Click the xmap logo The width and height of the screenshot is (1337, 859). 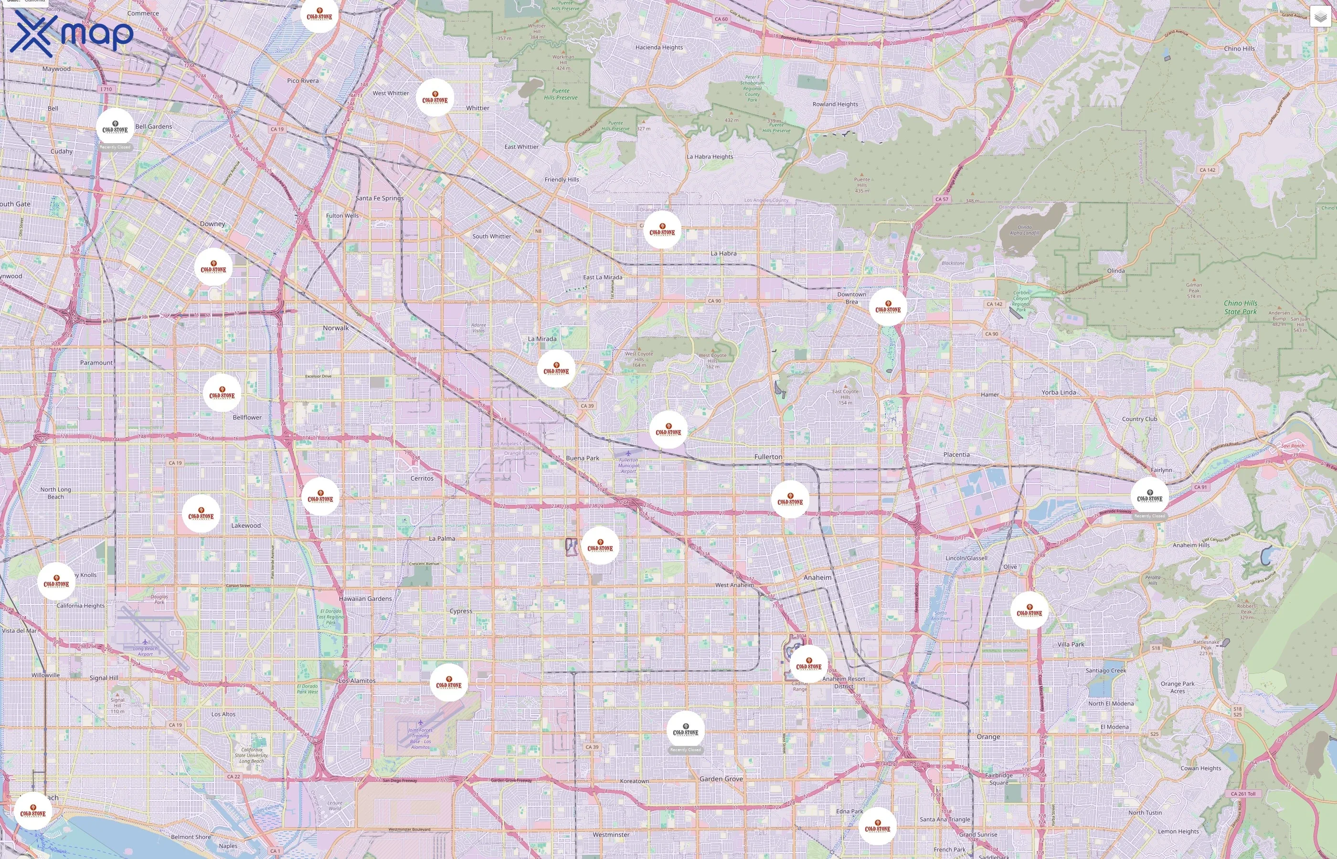[72, 33]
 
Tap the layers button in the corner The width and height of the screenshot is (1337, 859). [1320, 18]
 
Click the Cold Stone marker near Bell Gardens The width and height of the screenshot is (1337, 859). [115, 128]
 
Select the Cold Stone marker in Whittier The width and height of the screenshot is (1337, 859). [435, 98]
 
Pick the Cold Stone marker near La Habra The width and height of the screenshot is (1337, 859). [662, 230]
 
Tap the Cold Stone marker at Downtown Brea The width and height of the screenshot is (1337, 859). [888, 307]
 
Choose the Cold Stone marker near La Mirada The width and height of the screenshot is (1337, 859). [556, 369]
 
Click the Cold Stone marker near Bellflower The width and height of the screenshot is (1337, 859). [222, 393]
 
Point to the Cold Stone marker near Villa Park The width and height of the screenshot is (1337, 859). [1029, 611]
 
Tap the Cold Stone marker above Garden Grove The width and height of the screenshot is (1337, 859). [685, 730]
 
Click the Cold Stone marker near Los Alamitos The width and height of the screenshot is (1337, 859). [449, 683]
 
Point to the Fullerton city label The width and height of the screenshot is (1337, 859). [768, 457]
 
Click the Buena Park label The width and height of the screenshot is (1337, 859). [582, 459]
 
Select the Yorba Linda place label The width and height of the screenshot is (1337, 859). [1059, 393]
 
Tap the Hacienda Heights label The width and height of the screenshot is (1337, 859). [658, 47]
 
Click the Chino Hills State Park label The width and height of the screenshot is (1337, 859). [1241, 307]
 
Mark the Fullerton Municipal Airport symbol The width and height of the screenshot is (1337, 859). [628, 453]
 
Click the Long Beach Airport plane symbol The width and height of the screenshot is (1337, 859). [145, 642]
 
